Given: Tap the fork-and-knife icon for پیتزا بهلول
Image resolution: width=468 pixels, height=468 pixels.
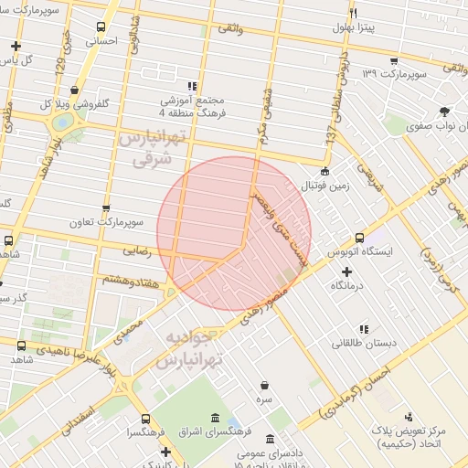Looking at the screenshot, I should click(353, 13).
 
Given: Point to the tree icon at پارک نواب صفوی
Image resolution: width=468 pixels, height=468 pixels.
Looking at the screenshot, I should click(444, 112).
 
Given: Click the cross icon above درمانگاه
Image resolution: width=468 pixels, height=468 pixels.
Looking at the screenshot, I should click(346, 271).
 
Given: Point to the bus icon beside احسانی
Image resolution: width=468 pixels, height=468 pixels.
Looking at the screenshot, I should click(100, 27).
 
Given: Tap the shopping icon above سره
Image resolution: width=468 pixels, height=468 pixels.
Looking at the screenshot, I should click(264, 386).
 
